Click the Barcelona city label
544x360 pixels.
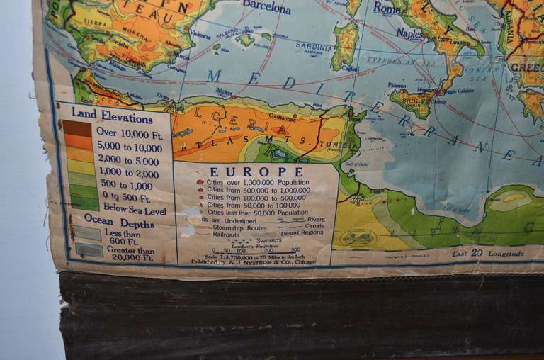coord(266,9)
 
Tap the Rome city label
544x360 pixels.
coord(387,9)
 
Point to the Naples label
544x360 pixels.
coord(410,33)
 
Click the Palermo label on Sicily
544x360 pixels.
coord(397,85)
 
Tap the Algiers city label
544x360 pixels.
coord(224,91)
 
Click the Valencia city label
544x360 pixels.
coord(201,35)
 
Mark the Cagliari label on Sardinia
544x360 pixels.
coord(351,68)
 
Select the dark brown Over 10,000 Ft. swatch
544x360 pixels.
coord(77,128)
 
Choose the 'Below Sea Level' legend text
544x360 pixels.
coord(134,210)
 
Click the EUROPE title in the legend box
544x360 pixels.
coord(256,171)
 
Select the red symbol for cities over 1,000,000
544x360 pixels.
coord(200,183)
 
